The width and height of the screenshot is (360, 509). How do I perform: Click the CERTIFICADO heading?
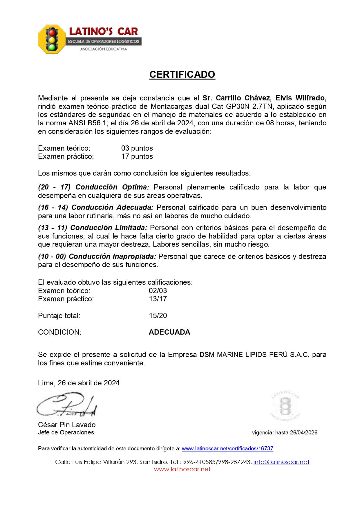[182, 75]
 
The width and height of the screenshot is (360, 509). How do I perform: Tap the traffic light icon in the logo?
[52, 39]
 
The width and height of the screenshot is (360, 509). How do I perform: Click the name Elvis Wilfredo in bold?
[301, 98]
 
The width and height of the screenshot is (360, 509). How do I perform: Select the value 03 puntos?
[137, 148]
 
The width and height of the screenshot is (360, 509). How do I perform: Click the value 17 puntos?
[137, 156]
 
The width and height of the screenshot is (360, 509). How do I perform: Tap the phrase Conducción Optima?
[112, 187]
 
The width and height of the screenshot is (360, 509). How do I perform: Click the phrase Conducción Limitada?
[109, 228]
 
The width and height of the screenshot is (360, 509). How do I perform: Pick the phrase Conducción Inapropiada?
[112, 257]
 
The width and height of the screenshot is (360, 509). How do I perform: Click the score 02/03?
[158, 291]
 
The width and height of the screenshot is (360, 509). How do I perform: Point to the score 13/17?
[158, 299]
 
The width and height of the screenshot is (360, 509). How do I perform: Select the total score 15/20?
[158, 316]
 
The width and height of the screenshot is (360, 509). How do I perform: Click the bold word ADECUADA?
[169, 332]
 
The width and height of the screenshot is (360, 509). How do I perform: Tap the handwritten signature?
[67, 405]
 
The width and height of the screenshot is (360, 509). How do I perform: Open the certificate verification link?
[227, 449]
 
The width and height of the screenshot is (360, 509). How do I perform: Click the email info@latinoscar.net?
[281, 462]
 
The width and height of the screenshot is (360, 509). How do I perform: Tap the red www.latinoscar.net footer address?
[182, 469]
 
